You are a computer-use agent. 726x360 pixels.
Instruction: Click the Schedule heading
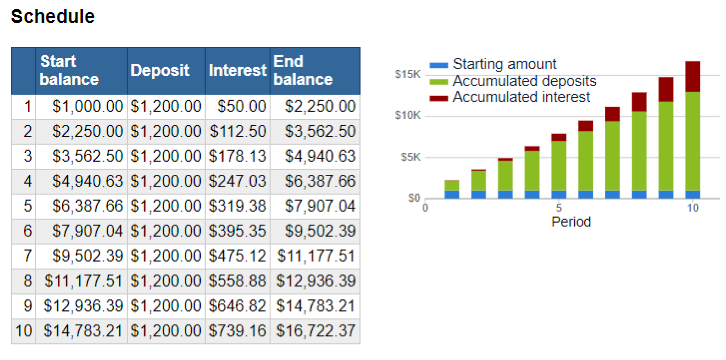click(x=52, y=16)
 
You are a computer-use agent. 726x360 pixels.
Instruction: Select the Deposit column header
click(x=160, y=70)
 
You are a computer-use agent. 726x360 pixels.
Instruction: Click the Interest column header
click(x=237, y=70)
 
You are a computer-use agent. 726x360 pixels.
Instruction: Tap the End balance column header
click(x=303, y=70)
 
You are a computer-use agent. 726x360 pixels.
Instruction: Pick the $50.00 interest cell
click(x=241, y=106)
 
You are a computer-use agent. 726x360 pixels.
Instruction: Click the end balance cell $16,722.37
click(x=315, y=331)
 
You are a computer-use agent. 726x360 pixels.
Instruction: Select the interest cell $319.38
click(x=237, y=206)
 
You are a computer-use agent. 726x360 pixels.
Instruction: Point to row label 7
click(x=28, y=256)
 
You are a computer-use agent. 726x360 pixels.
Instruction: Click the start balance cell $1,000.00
click(x=87, y=106)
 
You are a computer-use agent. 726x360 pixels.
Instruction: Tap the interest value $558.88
click(x=237, y=281)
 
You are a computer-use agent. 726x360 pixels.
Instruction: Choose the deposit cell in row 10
click(x=166, y=331)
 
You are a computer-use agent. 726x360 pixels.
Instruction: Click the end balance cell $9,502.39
click(x=320, y=231)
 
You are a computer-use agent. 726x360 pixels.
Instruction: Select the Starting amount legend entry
click(x=504, y=64)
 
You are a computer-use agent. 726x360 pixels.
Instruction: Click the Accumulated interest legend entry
click(x=521, y=97)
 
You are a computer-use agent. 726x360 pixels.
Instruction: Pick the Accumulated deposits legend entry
click(x=525, y=81)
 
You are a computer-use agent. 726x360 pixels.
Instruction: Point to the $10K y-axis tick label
click(x=408, y=116)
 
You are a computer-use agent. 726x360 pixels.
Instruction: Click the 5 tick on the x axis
click(x=559, y=208)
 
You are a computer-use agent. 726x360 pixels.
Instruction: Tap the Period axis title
click(x=571, y=222)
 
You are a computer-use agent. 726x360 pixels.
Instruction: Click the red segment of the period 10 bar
click(x=692, y=76)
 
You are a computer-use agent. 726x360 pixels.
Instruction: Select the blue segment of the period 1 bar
click(x=452, y=194)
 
